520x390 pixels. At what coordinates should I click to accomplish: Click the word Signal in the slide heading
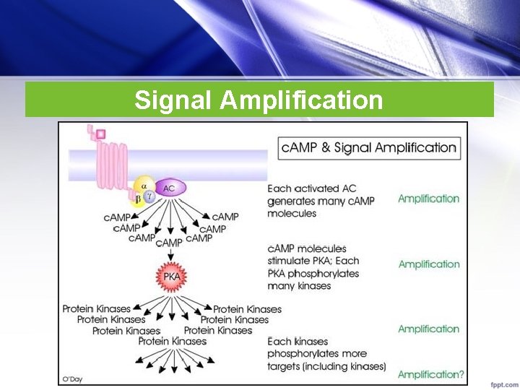click(x=173, y=100)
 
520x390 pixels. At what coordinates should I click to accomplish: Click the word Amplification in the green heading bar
click(x=302, y=100)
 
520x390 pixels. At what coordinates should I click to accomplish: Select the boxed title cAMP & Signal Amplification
click(x=369, y=148)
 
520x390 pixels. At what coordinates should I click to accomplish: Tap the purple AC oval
click(x=170, y=188)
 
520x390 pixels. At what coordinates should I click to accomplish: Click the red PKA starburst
click(x=171, y=277)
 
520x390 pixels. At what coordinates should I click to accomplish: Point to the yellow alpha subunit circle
click(x=144, y=186)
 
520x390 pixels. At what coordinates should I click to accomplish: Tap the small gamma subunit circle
click(x=150, y=196)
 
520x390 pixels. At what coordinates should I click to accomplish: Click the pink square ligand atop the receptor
click(x=100, y=134)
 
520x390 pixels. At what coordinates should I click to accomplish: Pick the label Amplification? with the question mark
click(x=430, y=374)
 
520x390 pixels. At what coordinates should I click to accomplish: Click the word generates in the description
click(x=292, y=201)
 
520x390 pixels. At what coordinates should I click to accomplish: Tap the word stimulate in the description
click(x=292, y=261)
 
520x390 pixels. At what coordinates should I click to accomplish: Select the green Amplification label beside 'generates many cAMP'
click(x=428, y=199)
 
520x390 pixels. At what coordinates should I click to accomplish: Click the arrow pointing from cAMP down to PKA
click(x=170, y=254)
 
